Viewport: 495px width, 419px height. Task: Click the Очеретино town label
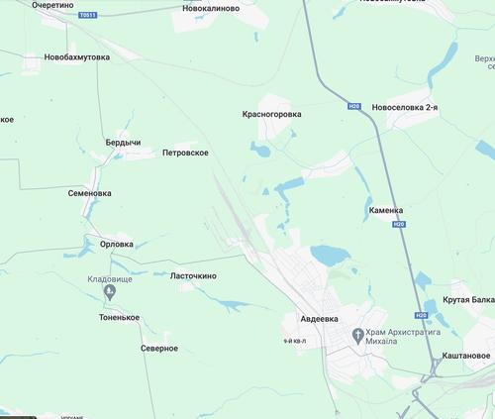(52, 5)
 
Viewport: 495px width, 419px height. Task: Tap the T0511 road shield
(89, 16)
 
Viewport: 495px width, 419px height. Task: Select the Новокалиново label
(211, 8)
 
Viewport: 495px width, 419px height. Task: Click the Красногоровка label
(272, 115)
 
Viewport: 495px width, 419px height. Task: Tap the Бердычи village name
(123, 143)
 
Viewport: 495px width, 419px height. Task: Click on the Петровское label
(185, 154)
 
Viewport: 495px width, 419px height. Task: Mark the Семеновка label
(90, 194)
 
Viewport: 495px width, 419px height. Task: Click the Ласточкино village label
(193, 275)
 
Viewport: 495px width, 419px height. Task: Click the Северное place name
(158, 348)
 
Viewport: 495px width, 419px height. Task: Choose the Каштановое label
(466, 355)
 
